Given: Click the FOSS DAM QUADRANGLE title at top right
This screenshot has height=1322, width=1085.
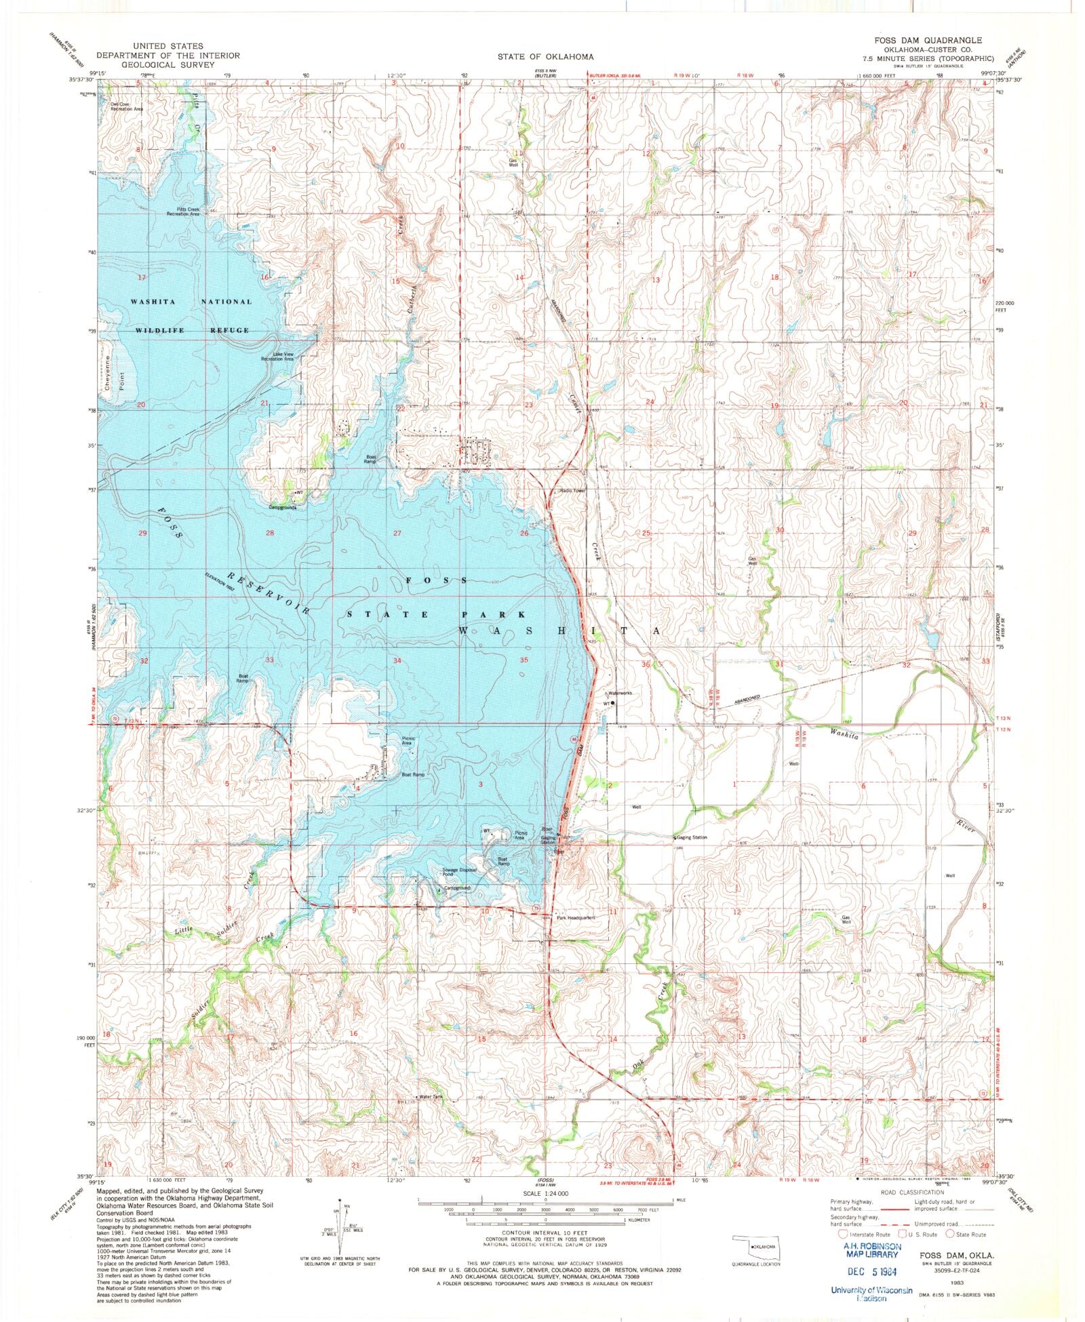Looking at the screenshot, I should (x=928, y=41).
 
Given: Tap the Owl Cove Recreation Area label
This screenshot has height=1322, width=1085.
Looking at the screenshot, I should (x=127, y=106).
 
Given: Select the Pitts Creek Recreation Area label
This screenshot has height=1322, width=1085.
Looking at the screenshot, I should (x=183, y=212).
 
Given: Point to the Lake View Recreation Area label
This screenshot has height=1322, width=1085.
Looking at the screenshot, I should (x=278, y=357).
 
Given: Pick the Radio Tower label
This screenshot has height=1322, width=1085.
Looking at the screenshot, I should (x=572, y=491).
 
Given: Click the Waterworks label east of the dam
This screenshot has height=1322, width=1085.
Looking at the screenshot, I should (x=620, y=694).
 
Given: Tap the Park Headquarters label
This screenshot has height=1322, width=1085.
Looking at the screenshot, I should (x=576, y=918).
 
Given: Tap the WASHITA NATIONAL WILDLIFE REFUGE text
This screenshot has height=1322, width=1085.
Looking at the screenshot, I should (x=192, y=315).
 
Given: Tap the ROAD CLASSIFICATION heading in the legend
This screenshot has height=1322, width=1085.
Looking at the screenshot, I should (x=911, y=1193).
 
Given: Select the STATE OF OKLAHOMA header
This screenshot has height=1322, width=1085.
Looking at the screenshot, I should (x=545, y=57).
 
